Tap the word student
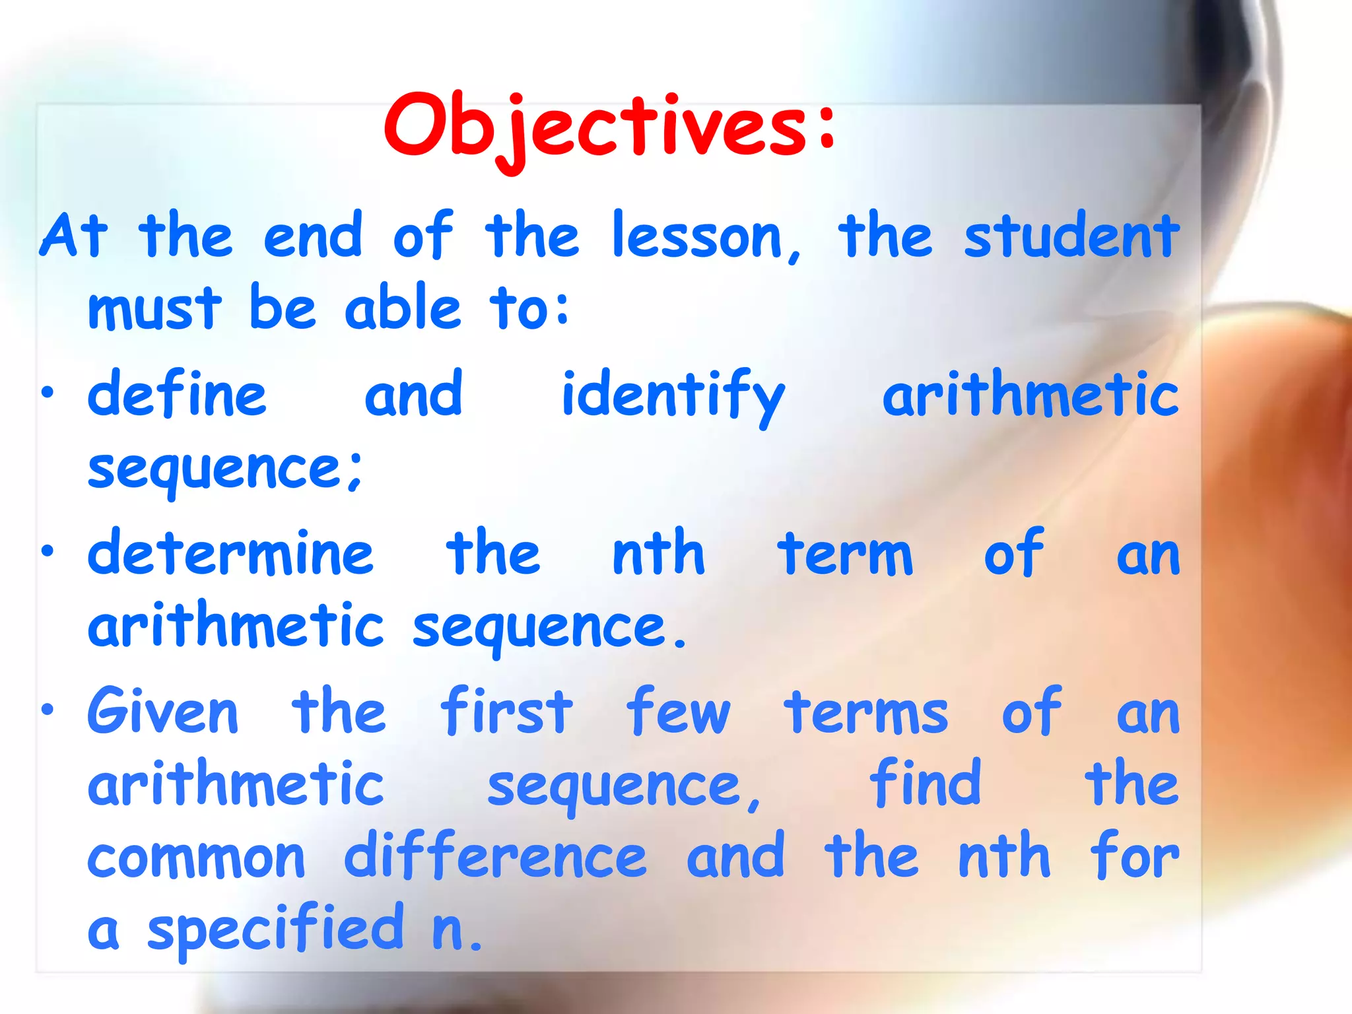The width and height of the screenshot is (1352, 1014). (1071, 236)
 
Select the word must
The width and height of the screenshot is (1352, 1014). (154, 308)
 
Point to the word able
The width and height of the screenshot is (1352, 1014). (402, 307)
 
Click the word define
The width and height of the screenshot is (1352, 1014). (177, 394)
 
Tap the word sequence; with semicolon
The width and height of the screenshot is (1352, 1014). (224, 469)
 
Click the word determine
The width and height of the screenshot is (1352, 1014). (230, 553)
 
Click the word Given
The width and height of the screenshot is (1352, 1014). (162, 712)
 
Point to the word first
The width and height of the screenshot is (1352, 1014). (506, 712)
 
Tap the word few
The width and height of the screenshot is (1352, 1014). (678, 712)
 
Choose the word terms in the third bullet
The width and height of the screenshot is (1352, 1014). (865, 713)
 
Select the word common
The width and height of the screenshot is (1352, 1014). (196, 858)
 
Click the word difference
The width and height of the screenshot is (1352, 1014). (495, 856)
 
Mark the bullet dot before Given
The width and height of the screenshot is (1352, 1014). (48, 710)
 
